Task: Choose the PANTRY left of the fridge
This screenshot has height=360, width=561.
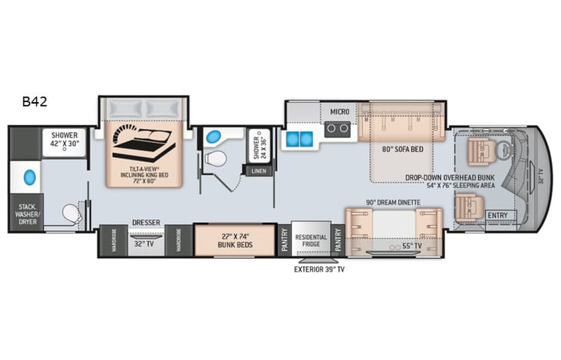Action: point(284,240)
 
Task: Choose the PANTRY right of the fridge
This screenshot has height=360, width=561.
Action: point(338,240)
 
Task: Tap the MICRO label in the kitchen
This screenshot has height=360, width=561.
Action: point(340,112)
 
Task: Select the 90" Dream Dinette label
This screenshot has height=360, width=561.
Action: point(393,202)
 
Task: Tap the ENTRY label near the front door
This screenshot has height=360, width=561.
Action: point(497,216)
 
